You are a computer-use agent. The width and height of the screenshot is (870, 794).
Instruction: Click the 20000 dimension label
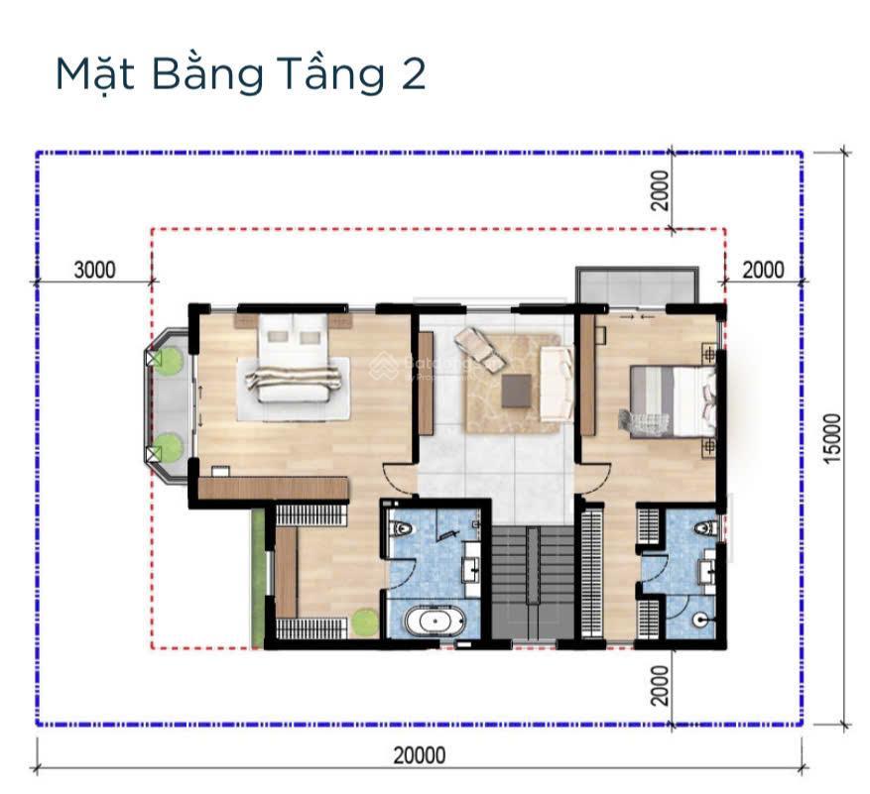419,756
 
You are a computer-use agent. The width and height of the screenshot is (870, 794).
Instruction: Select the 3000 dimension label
95,270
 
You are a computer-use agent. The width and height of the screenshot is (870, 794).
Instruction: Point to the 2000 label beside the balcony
762,270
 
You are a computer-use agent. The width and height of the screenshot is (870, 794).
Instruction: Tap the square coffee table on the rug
516,389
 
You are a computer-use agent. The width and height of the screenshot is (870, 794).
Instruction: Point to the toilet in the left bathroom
402,529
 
